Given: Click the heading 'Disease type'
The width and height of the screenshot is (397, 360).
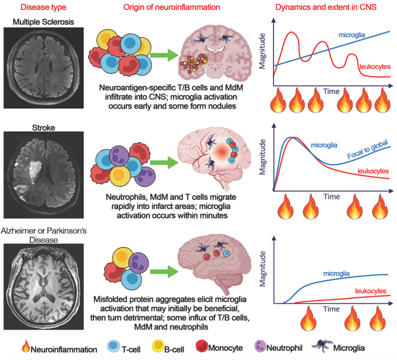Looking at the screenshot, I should tap(40, 8).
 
